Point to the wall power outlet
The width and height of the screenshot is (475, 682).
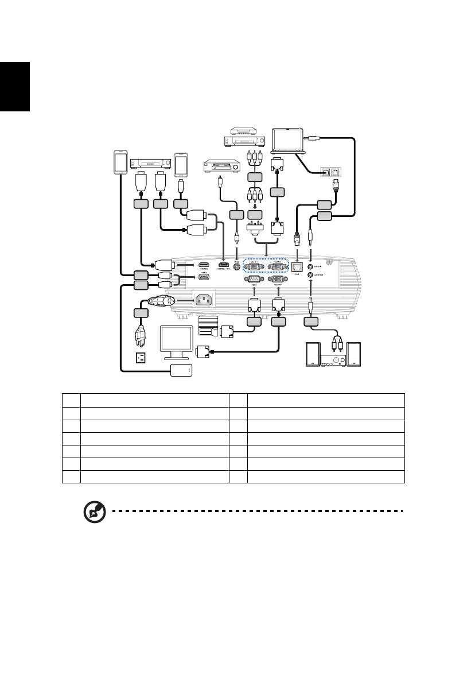140,358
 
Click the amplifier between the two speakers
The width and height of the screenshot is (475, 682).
333,360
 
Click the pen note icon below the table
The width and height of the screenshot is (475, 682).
95,511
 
